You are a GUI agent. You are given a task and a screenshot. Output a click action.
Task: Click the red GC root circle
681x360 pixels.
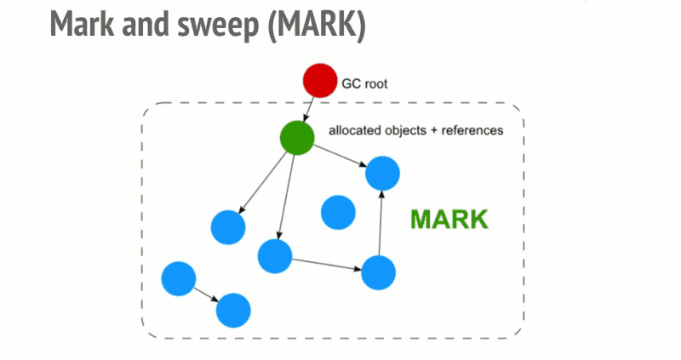[320, 81]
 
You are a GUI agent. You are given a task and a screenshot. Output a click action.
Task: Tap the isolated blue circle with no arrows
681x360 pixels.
[337, 212]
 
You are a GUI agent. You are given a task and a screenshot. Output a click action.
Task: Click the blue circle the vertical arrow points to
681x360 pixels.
[382, 174]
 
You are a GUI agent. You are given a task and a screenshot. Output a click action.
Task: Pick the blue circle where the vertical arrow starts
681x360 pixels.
[379, 272]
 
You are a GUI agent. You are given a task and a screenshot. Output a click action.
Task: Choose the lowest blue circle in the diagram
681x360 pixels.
[233, 311]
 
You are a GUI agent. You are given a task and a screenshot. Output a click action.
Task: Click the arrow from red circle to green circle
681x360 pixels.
[308, 110]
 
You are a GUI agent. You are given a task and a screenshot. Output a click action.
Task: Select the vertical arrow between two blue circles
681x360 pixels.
[381, 223]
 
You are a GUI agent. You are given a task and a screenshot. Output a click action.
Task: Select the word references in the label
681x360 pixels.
[471, 131]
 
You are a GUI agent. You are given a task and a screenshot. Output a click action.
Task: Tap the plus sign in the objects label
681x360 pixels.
[431, 131]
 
